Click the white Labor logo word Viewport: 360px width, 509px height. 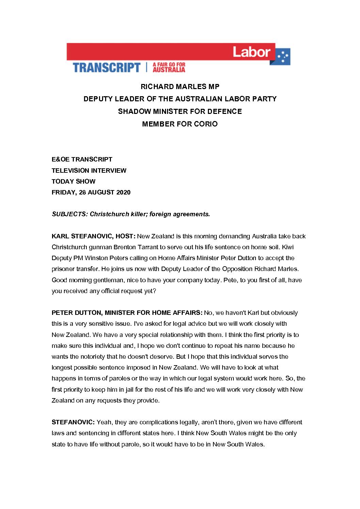(x=251, y=52)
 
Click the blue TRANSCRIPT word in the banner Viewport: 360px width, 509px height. (x=107, y=67)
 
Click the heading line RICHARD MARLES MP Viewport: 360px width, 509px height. (x=180, y=87)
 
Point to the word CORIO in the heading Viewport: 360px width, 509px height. (x=206, y=124)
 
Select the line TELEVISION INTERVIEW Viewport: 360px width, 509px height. (x=89, y=170)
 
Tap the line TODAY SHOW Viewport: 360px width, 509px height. (x=73, y=181)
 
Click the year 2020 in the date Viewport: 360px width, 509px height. (x=123, y=192)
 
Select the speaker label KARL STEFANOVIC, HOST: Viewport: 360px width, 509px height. (x=94, y=236)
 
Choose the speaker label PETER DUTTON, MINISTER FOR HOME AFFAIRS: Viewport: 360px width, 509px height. (x=127, y=313)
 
